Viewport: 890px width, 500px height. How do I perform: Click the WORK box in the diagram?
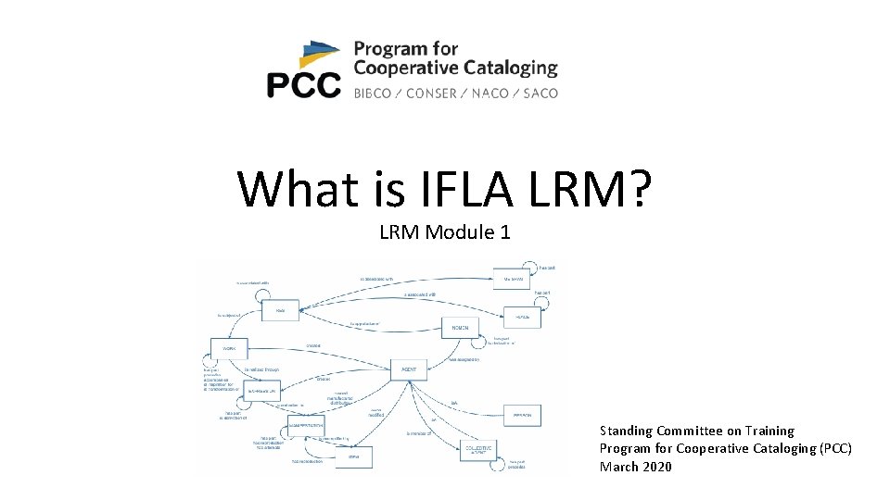(x=230, y=350)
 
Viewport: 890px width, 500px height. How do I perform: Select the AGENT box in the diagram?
(x=409, y=369)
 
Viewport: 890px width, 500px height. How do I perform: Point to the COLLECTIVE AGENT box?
(x=479, y=450)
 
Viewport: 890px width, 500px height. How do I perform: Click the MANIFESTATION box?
(x=306, y=425)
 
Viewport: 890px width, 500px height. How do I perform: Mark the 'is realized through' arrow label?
(x=262, y=369)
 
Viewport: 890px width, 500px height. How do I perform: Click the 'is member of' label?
(x=420, y=432)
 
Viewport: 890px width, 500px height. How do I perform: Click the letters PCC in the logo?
(x=303, y=86)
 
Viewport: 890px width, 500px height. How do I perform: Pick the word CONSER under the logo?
(x=431, y=93)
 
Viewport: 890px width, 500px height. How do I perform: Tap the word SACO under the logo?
(x=540, y=93)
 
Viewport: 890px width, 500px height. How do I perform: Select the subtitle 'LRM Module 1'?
(x=444, y=231)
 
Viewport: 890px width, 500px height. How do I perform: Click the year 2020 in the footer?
(x=655, y=467)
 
